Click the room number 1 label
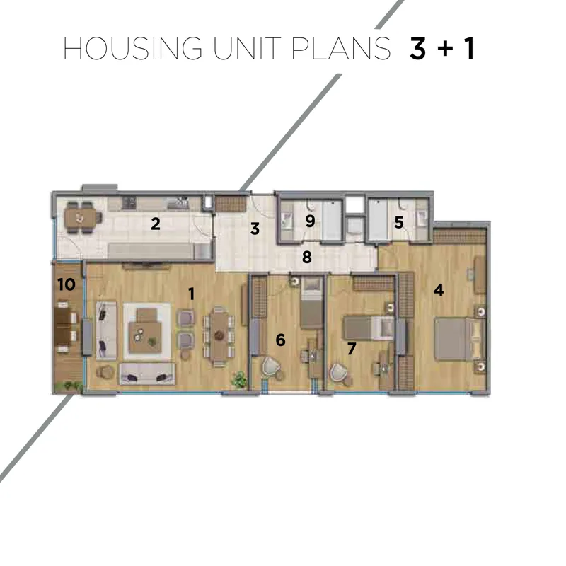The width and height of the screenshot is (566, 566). click(x=192, y=294)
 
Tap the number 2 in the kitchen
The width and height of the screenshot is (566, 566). click(x=156, y=224)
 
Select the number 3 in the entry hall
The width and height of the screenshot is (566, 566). click(x=255, y=229)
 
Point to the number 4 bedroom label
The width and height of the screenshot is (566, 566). click(x=439, y=290)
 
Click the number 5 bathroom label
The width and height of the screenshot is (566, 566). click(x=399, y=222)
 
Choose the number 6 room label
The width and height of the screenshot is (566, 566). click(x=280, y=340)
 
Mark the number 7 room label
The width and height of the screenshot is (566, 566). click(x=352, y=348)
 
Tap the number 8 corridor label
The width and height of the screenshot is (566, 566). click(x=307, y=257)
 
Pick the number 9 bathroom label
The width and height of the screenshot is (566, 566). click(x=310, y=221)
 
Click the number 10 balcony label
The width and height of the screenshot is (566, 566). click(x=67, y=284)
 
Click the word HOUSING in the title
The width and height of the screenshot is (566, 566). click(x=132, y=48)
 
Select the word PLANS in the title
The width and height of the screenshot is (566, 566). click(x=341, y=48)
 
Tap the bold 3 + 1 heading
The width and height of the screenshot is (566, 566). click(x=441, y=48)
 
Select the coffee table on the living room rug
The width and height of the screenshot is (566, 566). click(x=145, y=331)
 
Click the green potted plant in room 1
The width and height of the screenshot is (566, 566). click(x=239, y=380)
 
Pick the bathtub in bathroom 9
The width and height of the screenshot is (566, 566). click(x=332, y=220)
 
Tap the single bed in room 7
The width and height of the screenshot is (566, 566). click(x=368, y=328)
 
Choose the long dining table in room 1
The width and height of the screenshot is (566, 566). click(x=219, y=337)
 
